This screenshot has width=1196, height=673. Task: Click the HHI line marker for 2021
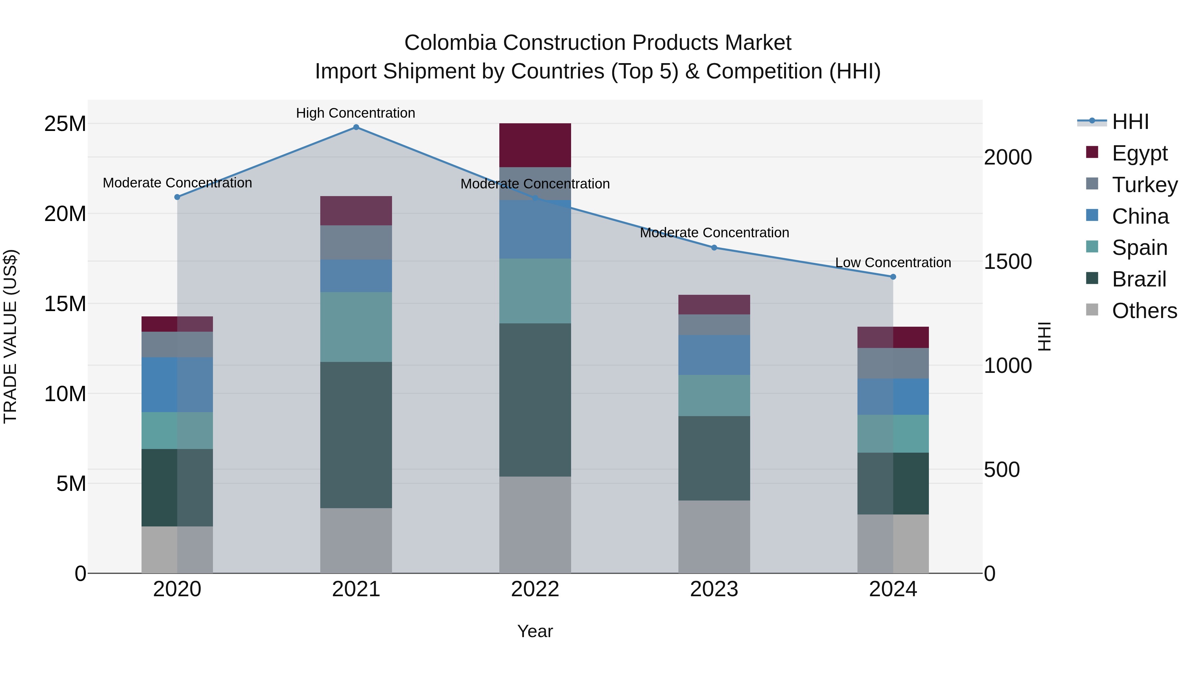click(356, 127)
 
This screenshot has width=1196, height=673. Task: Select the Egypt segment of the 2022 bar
click(535, 145)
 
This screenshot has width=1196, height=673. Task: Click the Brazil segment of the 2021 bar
click(356, 435)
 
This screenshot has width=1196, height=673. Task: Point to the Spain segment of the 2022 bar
click(535, 291)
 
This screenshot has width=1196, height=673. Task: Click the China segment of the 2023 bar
click(714, 355)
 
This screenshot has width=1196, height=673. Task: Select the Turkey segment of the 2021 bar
click(356, 243)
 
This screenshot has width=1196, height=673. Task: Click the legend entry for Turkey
click(1145, 184)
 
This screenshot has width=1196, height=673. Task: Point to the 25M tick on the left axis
click(65, 124)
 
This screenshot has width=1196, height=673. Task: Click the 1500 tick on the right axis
click(1008, 262)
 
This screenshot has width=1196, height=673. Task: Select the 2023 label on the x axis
click(714, 589)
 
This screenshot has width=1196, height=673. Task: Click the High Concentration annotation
click(355, 113)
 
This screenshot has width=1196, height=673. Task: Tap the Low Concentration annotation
click(893, 263)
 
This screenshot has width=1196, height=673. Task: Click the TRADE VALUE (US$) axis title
click(10, 336)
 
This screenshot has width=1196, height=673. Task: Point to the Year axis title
click(535, 631)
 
